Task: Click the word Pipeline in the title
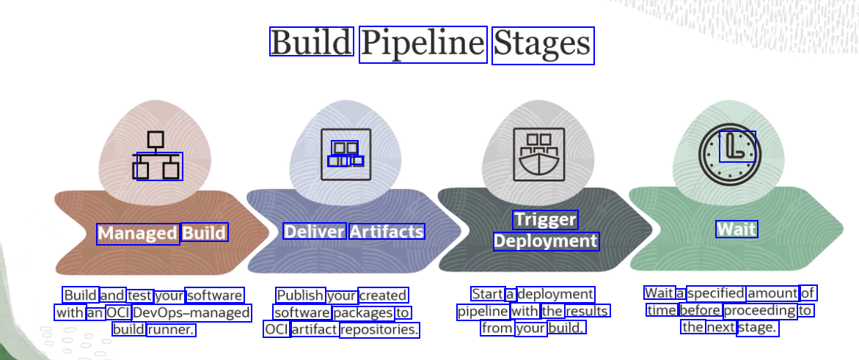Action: coord(423,45)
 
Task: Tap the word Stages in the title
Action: coord(542,45)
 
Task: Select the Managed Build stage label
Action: coord(162,233)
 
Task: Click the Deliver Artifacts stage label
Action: coord(354,232)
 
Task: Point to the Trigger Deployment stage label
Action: coord(546,231)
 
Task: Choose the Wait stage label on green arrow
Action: coord(736,229)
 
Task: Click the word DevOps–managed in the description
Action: coord(192,313)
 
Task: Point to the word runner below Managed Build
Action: coord(171,330)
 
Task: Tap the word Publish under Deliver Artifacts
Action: coord(300,295)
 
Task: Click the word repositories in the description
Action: coord(379,330)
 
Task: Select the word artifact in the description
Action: coord(314,330)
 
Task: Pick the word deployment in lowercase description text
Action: coord(555,294)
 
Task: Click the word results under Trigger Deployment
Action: coord(587,311)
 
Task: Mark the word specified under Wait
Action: coord(716,293)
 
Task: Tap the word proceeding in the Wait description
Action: coord(759,310)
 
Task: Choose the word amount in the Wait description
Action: coord(772,293)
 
